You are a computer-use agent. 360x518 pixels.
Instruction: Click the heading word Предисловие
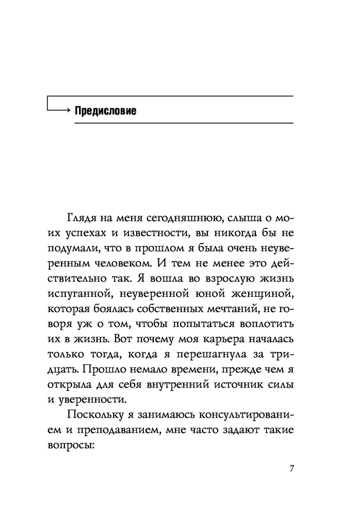coord(105,111)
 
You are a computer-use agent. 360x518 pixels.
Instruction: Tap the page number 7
coord(292,469)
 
